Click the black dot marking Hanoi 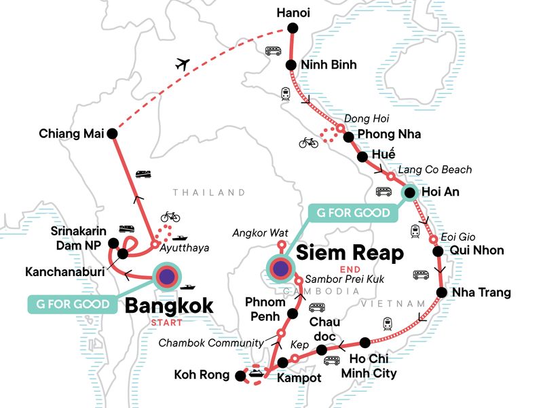pyautogui.click(x=293, y=28)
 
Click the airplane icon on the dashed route pyautogui.click(x=181, y=65)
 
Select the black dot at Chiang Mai pyautogui.click(x=113, y=134)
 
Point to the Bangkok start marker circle pyautogui.click(x=166, y=276)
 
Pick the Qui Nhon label pyautogui.click(x=478, y=250)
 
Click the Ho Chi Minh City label pyautogui.click(x=372, y=365)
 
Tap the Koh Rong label pyautogui.click(x=202, y=373)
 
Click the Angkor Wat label pyautogui.click(x=256, y=233)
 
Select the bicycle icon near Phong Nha pyautogui.click(x=308, y=143)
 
